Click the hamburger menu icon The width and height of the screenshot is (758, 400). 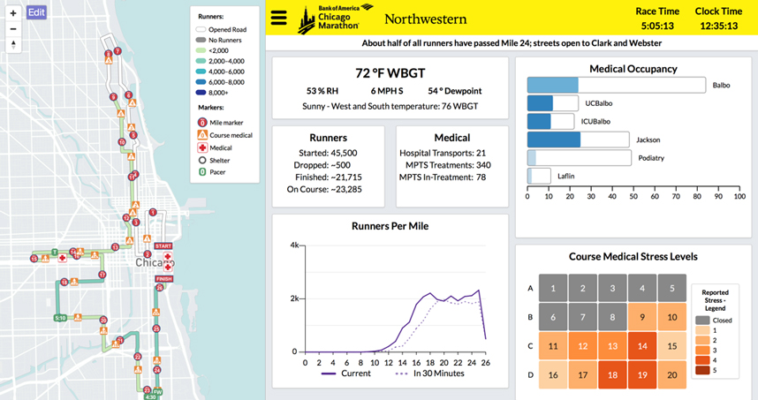279,19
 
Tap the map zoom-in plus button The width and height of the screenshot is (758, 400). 12,12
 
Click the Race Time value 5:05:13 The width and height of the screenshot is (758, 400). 657,26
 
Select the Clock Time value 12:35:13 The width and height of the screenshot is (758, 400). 718,26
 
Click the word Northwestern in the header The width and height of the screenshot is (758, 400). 421,19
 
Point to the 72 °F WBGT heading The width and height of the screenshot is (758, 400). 390,73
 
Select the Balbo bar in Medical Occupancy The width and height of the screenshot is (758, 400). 616,85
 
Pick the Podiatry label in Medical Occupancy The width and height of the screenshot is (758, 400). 651,158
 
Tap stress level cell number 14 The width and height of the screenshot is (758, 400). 641,346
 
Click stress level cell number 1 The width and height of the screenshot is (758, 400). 553,288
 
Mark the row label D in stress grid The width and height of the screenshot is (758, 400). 530,374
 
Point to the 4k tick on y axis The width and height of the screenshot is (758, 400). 293,245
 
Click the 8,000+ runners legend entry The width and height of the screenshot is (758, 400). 216,91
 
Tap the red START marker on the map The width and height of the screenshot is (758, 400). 163,246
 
